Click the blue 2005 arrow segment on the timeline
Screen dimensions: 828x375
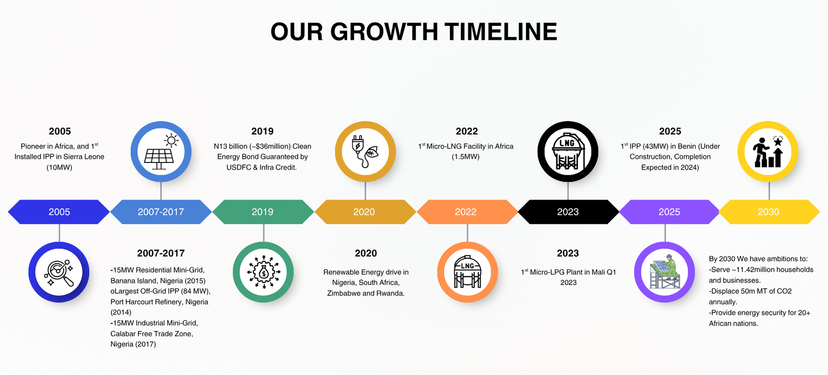pyautogui.click(x=59, y=212)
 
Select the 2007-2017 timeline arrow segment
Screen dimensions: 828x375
pyautogui.click(x=161, y=212)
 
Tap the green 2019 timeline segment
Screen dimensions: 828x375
pyautogui.click(x=263, y=212)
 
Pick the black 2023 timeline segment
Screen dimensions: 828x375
pyautogui.click(x=568, y=212)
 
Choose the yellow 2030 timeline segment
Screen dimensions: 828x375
pyautogui.click(x=769, y=212)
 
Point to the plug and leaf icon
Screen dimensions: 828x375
pyautogui.click(x=365, y=152)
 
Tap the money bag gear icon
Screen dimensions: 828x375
pyautogui.click(x=263, y=272)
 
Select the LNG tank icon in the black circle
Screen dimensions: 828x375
pyautogui.click(x=568, y=152)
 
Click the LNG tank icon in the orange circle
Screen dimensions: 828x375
pyautogui.click(x=468, y=272)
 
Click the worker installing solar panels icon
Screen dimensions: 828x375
pyautogui.click(x=664, y=272)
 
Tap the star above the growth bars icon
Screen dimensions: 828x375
pyautogui.click(x=778, y=141)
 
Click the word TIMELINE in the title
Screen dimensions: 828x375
pyautogui.click(x=501, y=32)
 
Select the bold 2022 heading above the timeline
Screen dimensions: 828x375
pyautogui.click(x=467, y=131)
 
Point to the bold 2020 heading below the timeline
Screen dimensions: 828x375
pyautogui.click(x=366, y=253)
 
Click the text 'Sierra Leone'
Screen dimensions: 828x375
pyautogui.click(x=84, y=157)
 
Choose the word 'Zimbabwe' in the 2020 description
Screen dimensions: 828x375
pyautogui.click(x=343, y=293)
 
